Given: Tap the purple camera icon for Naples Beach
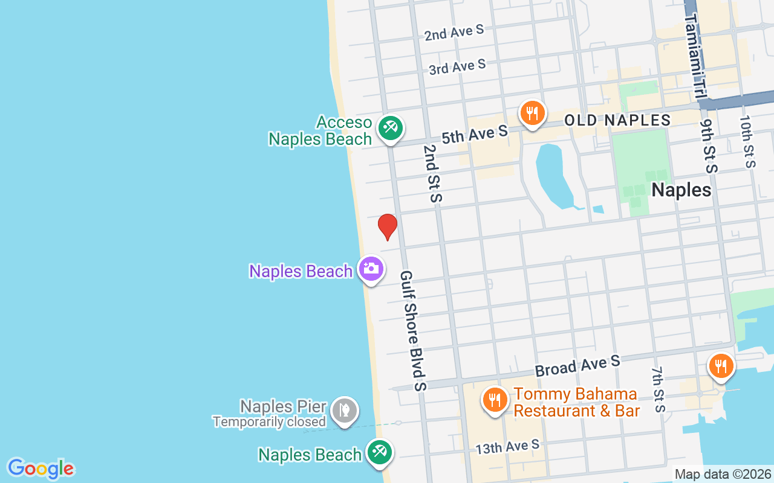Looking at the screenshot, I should click(x=371, y=270).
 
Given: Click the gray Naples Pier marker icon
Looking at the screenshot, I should click(x=345, y=411).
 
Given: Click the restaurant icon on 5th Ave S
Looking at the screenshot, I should click(x=532, y=114).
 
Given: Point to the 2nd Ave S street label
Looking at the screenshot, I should click(x=454, y=33).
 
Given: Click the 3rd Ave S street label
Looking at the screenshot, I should click(x=457, y=66).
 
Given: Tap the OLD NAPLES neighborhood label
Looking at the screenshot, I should click(x=617, y=120).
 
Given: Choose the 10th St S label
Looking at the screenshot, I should click(x=747, y=141).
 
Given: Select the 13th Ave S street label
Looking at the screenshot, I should click(x=507, y=447).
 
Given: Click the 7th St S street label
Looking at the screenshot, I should click(x=658, y=389).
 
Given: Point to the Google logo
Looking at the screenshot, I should click(x=41, y=469).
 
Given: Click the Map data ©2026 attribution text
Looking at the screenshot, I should click(x=723, y=475).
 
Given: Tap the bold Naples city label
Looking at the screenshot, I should click(x=681, y=190).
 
